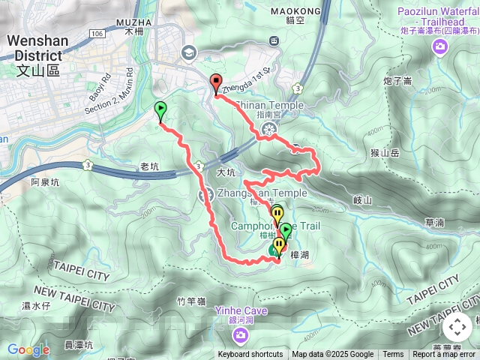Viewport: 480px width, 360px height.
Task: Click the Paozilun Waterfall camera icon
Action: (439, 47)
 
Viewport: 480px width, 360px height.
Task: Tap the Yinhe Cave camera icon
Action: (238, 334)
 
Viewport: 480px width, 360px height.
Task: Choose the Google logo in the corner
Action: (28, 349)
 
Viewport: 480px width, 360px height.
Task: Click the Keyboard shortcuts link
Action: (250, 355)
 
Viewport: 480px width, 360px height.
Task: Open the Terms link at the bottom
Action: (393, 355)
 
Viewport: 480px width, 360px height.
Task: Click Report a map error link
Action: (445, 355)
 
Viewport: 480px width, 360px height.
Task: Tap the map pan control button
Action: (457, 327)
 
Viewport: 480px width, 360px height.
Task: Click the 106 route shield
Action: (96, 34)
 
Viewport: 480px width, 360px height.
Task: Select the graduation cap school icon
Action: (187, 52)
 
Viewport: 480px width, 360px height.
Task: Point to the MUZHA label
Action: (136, 25)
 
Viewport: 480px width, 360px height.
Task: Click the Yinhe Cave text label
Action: (238, 309)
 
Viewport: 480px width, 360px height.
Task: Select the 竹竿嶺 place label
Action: (191, 301)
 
